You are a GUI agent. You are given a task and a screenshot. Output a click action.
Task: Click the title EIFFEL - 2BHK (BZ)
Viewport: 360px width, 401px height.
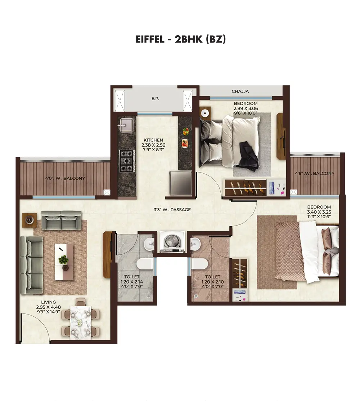point(181,39)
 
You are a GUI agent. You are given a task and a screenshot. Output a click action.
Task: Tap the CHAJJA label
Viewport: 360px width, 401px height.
point(240,91)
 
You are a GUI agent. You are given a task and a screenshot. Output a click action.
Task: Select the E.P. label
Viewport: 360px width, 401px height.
point(156,98)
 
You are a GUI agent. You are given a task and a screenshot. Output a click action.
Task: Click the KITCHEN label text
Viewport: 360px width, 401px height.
point(153,140)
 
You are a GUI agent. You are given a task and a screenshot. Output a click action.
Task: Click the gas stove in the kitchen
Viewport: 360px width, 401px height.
point(127,161)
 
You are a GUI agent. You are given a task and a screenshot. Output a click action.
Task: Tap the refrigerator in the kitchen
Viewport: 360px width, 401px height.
point(181,183)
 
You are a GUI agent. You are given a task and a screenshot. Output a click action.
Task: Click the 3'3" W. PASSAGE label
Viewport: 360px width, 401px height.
point(172,210)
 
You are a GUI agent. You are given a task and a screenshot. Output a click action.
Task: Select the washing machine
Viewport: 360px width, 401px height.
point(172,242)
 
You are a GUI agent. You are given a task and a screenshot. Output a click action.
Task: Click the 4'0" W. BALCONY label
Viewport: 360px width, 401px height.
point(65,178)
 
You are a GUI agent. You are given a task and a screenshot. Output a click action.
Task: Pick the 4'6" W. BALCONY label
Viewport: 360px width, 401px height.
point(315,173)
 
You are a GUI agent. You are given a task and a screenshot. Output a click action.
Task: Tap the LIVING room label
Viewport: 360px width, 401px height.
point(49,302)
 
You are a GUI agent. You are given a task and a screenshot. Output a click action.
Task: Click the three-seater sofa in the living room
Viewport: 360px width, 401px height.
point(32,265)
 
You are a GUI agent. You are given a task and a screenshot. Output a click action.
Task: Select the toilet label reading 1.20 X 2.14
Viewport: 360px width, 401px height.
point(132,282)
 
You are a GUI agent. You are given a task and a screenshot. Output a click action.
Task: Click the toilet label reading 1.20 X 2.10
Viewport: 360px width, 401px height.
point(212,282)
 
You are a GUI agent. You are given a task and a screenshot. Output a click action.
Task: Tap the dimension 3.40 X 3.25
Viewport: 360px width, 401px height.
point(319,212)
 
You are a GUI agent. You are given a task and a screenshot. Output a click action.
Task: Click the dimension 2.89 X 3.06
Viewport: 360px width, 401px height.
point(246,108)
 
